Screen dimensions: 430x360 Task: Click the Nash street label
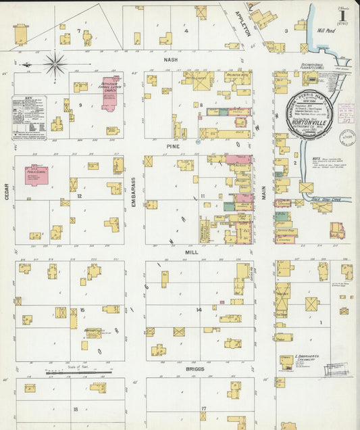[170, 59]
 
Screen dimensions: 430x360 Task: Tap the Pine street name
[170, 145]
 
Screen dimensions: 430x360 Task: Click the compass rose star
[55, 64]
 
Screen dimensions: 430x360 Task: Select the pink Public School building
[37, 174]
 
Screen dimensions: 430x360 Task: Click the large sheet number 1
[343, 15]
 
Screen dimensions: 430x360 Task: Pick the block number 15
[82, 310]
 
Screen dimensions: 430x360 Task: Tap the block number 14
[199, 309]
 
